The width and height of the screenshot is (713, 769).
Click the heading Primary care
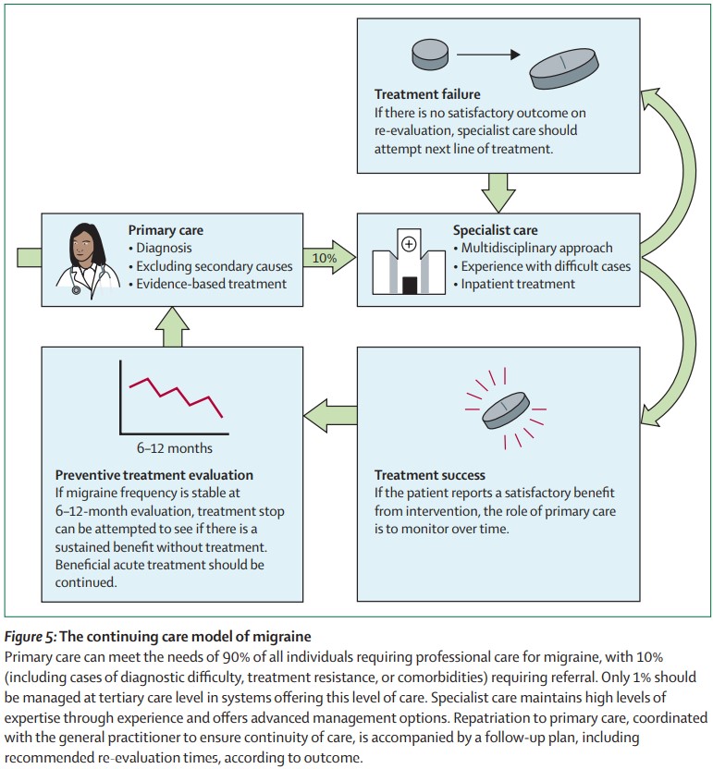pyautogui.click(x=166, y=230)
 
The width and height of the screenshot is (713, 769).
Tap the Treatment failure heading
pyautogui.click(x=426, y=94)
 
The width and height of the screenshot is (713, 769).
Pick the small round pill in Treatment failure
pyautogui.click(x=429, y=55)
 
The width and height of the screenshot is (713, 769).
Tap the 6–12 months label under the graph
pyautogui.click(x=175, y=449)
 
